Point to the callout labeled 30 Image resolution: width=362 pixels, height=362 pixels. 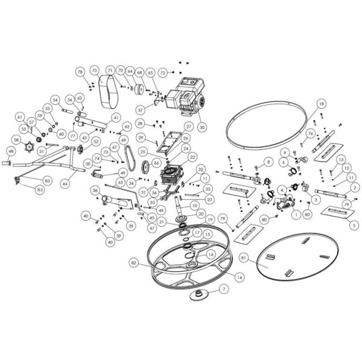point(202,127)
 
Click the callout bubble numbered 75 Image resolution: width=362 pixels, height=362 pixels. point(94,71)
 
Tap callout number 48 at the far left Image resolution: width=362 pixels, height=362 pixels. point(10,151)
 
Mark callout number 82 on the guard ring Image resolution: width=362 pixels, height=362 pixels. point(134,263)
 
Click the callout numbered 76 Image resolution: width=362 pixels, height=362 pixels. point(310,133)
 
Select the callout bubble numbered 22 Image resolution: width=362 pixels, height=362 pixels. point(192,157)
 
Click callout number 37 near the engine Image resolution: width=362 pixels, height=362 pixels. point(140,110)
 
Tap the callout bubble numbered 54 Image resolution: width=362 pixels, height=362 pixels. point(54,100)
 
